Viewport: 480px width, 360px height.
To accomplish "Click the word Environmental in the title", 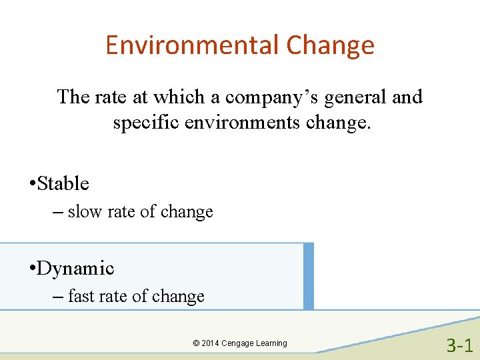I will (192, 45).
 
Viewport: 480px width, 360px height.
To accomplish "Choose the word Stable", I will (63, 183).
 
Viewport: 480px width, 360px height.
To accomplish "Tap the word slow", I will (85, 212).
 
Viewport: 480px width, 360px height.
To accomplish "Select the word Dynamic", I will (76, 268).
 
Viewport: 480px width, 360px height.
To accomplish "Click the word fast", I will (81, 296).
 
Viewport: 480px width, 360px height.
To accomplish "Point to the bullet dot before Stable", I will (32, 184).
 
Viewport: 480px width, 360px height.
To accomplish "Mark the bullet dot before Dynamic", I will (32, 269).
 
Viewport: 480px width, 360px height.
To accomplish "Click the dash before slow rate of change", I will (56, 212).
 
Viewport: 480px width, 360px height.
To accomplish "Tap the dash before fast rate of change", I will (56, 297).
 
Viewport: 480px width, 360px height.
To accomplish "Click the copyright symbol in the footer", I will (195, 343).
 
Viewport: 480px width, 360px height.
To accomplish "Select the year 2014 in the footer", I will (210, 343).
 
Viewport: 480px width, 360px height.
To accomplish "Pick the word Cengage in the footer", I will (238, 343).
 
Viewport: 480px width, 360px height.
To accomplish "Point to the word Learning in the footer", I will (272, 343).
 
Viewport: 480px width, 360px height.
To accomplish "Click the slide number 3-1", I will (459, 345).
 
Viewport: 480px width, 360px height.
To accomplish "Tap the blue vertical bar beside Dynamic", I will (308, 276).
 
